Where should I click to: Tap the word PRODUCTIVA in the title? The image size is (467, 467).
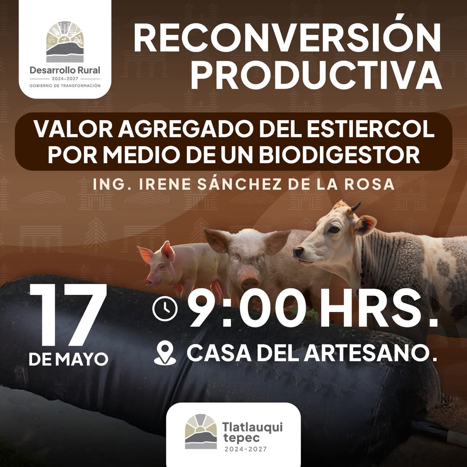point(316,74)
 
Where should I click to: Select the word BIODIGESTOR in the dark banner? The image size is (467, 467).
point(339,154)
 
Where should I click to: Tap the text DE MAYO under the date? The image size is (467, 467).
point(68,359)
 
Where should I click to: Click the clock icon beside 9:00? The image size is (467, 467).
point(165,309)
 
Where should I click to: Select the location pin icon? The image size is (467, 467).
point(165,353)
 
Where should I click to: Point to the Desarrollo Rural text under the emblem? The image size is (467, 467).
point(65,70)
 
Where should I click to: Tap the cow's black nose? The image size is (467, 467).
point(298,252)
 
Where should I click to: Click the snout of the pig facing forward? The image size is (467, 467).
point(249,282)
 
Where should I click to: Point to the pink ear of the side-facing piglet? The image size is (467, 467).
point(167,251)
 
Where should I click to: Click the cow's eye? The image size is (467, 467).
point(333,229)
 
